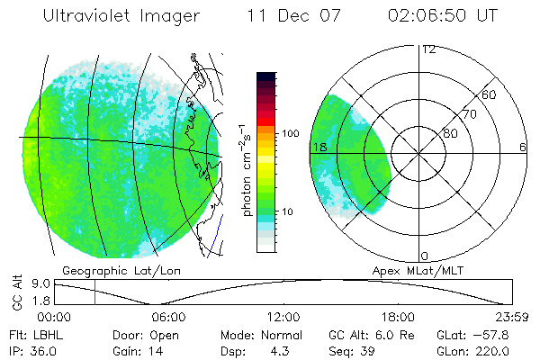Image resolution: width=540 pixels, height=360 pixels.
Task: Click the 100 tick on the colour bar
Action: (x=289, y=133)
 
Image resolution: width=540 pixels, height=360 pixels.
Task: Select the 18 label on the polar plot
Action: (x=318, y=147)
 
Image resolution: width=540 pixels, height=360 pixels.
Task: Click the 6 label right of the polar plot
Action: (x=523, y=147)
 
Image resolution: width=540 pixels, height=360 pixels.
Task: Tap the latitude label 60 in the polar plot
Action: (x=490, y=94)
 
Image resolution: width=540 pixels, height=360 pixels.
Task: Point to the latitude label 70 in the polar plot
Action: (x=469, y=114)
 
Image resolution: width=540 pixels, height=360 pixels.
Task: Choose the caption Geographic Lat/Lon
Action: (x=107, y=270)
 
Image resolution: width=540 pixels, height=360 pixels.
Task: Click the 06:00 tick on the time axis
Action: (x=168, y=317)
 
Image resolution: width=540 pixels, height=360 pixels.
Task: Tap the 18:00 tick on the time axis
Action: (x=398, y=317)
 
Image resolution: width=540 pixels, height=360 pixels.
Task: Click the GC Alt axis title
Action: (x=17, y=292)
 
